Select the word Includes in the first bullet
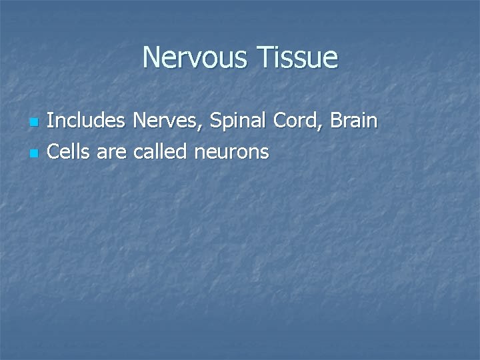(x=87, y=121)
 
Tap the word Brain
(x=353, y=121)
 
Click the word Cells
(x=69, y=152)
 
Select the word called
(x=160, y=152)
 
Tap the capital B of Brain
(x=335, y=121)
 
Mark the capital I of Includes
(x=51, y=121)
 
